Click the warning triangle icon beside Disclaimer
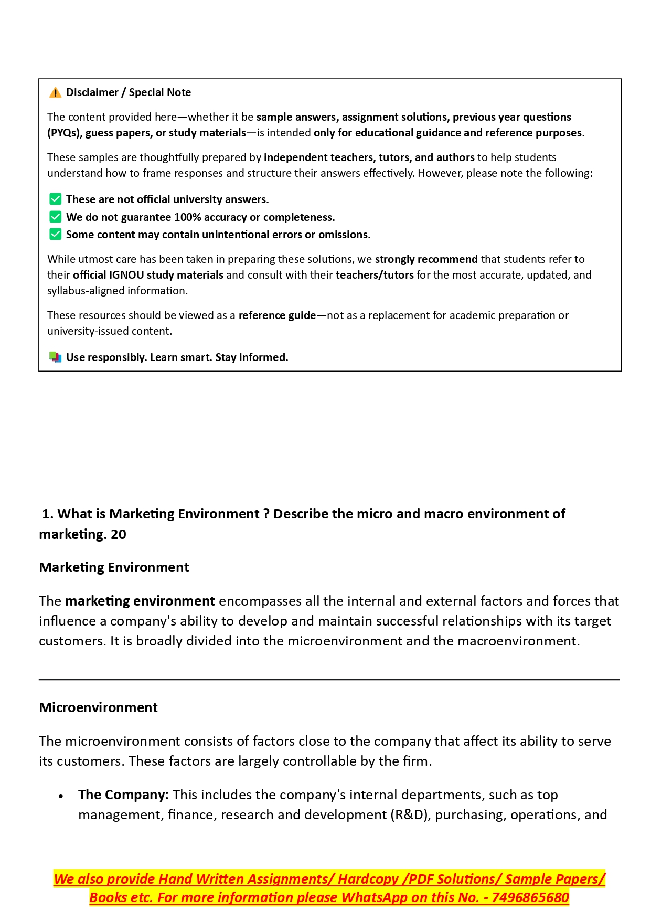coord(55,93)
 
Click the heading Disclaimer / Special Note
coord(129,92)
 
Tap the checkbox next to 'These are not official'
coord(55,199)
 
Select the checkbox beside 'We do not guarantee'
coord(55,217)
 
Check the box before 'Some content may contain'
coord(55,234)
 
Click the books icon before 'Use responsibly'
coord(55,357)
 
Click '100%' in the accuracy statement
coord(188,217)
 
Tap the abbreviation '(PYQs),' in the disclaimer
coord(65,133)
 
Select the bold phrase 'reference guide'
coord(277,315)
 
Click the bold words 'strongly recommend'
coord(426,259)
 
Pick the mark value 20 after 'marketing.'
coord(119,534)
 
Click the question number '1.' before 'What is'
coord(48,514)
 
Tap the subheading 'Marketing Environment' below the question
coord(114,567)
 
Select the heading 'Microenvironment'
coord(98,707)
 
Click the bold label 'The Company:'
coord(123,795)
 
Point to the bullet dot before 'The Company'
coord(61,796)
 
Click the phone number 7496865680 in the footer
coord(530,897)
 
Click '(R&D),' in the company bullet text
coord(411,814)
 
